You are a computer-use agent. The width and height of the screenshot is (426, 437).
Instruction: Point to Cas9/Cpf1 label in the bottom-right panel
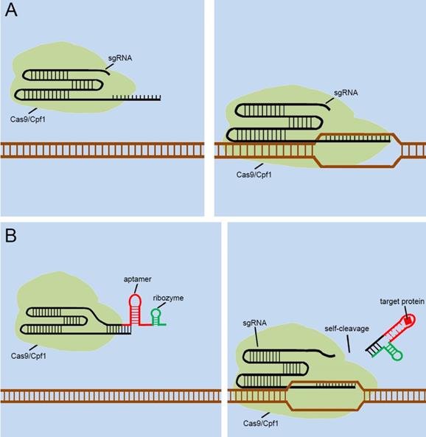[261, 423]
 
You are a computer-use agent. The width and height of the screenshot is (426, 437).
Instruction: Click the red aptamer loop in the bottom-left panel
[136, 301]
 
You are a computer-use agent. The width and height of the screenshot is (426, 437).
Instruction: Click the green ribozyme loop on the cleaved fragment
[397, 355]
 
